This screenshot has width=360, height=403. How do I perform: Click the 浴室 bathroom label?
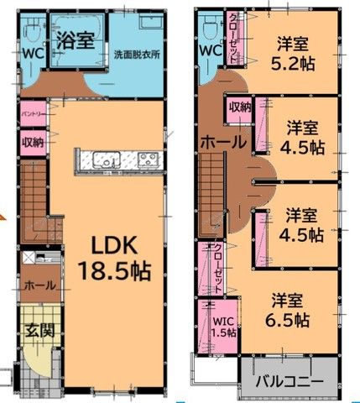tap(76, 40)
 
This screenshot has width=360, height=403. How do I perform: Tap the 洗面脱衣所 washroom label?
tap(137, 55)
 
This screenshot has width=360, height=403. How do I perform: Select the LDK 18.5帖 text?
tap(115, 259)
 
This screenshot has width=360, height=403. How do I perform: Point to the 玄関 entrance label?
tap(40, 331)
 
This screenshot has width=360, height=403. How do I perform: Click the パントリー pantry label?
tap(33, 114)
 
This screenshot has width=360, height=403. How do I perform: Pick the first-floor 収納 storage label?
tap(33, 143)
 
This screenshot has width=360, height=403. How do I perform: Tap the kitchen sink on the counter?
tap(107, 159)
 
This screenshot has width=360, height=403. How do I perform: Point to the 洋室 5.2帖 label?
tap(293, 54)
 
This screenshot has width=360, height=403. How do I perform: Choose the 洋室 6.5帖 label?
tap(287, 310)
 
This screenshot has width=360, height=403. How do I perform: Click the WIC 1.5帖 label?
tap(223, 327)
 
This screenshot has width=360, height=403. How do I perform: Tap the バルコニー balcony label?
tap(290, 381)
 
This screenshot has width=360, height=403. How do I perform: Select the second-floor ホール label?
tap(223, 143)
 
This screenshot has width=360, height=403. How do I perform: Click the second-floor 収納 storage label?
tap(240, 107)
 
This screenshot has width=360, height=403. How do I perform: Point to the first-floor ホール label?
tap(40, 285)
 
